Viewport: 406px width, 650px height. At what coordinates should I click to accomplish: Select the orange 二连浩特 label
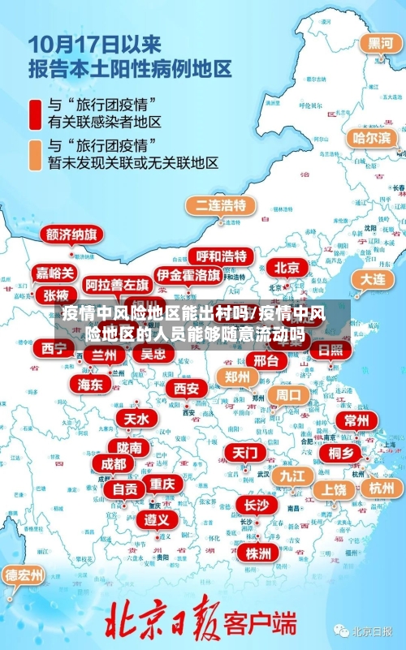[x=219, y=204]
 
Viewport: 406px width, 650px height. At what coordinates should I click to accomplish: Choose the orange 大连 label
[x=373, y=278]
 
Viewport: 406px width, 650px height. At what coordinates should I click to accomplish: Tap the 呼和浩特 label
[x=221, y=256]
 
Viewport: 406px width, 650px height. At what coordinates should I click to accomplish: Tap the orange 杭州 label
[x=381, y=488]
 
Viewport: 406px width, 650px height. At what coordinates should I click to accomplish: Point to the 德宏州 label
[x=24, y=575]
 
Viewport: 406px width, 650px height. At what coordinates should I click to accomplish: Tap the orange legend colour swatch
[x=36, y=154]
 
